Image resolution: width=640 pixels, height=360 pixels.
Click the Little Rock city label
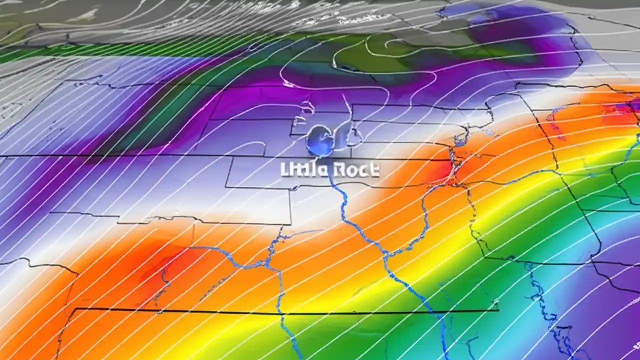(330, 170)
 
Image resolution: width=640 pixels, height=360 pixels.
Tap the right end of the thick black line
(498, 310)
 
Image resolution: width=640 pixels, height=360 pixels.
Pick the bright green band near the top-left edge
(20, 52)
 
